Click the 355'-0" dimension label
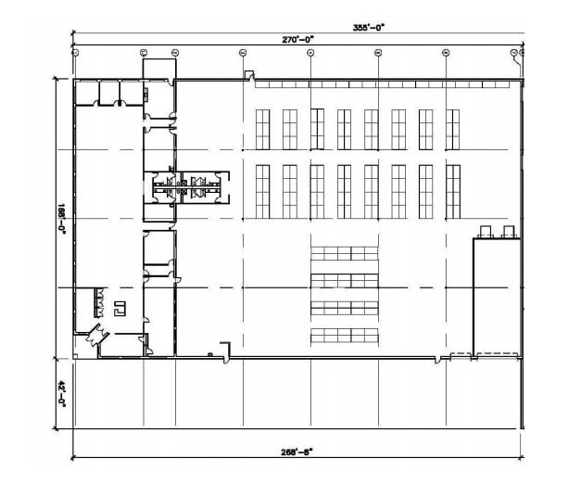pyautogui.click(x=373, y=27)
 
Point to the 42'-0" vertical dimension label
pyautogui.click(x=62, y=394)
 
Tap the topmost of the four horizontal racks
pyautogui.click(x=344, y=253)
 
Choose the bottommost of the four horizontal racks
pyautogui.click(x=344, y=335)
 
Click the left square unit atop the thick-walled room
pyautogui.click(x=483, y=231)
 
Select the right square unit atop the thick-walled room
pyautogui.click(x=508, y=231)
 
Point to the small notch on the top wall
pyautogui.click(x=248, y=75)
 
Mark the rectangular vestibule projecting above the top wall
pyautogui.click(x=158, y=70)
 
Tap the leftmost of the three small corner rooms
pyautogui.click(x=85, y=91)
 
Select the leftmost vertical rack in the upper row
pyautogui.click(x=262, y=129)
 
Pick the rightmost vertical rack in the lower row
pyautogui.click(x=452, y=191)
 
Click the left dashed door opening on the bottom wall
pyautogui.click(x=461, y=356)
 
